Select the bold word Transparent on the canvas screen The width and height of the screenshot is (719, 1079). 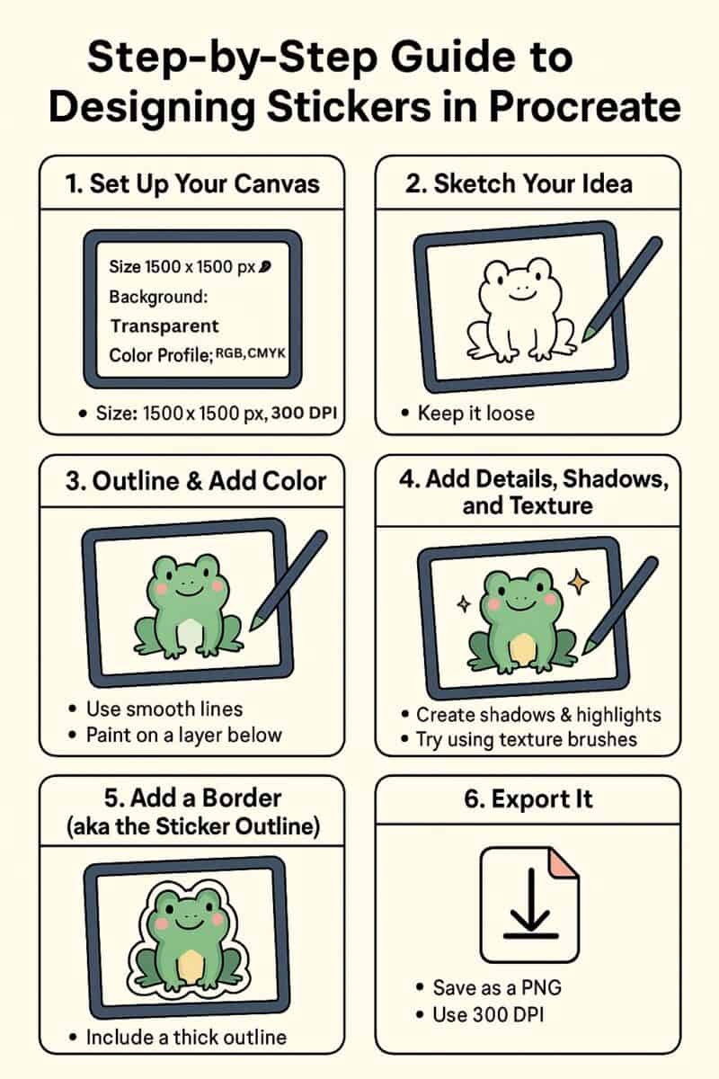164,325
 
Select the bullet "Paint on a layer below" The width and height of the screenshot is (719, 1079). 184,735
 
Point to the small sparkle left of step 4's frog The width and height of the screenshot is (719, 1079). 464,604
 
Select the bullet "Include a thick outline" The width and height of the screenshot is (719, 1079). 186,1037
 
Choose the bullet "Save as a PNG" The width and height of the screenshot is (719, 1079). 498,986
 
